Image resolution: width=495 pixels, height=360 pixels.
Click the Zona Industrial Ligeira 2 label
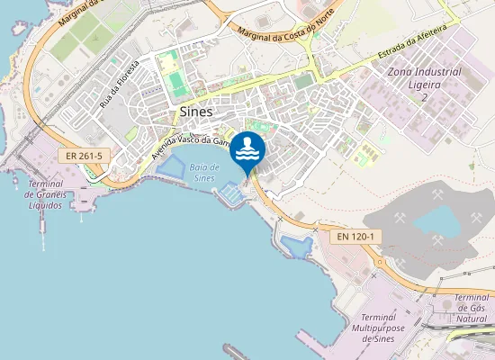point(424,84)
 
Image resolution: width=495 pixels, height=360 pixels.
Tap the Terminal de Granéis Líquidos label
point(44,193)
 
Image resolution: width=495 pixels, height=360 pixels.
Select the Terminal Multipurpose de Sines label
point(383,328)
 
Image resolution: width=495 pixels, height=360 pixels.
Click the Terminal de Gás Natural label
point(472,309)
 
